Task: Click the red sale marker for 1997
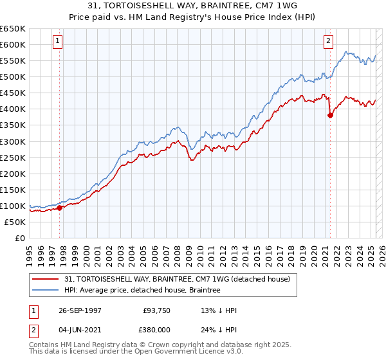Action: pos(60,208)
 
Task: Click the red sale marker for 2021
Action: pos(330,116)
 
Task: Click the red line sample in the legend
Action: pos(47,279)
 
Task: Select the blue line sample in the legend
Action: pos(47,291)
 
